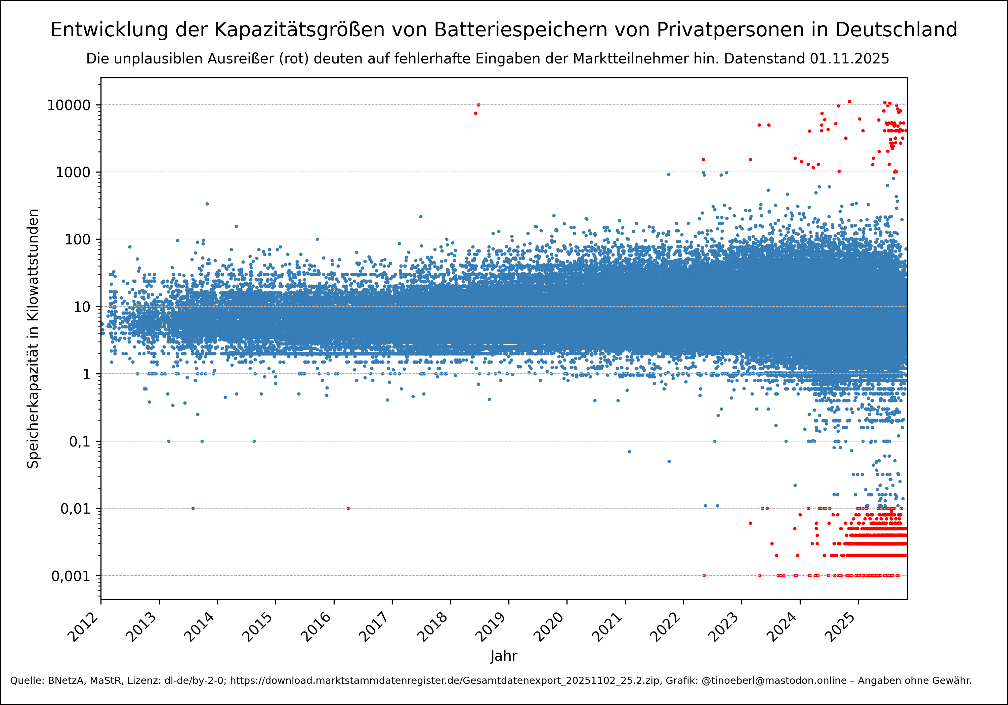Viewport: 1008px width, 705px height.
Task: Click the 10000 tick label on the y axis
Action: [x=69, y=105]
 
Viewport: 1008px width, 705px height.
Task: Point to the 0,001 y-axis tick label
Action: [x=71, y=576]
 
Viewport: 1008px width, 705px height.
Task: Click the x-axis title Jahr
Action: [x=504, y=656]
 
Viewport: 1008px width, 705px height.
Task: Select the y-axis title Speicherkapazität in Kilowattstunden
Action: [x=33, y=338]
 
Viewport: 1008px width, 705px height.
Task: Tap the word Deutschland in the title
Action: [x=896, y=30]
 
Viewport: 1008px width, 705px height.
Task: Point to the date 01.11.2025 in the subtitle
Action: [x=849, y=59]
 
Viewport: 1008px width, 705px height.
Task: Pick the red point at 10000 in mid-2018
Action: [x=478, y=105]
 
